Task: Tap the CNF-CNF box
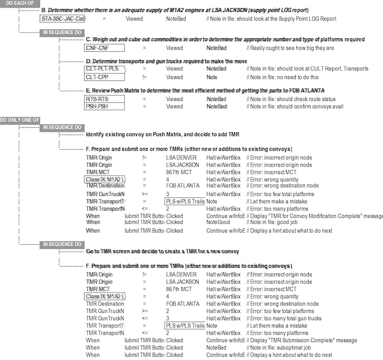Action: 104,48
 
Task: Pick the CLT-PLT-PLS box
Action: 104,69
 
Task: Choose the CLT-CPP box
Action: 104,77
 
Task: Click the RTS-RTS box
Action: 104,99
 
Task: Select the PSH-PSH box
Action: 104,106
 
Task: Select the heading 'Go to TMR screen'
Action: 162,251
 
